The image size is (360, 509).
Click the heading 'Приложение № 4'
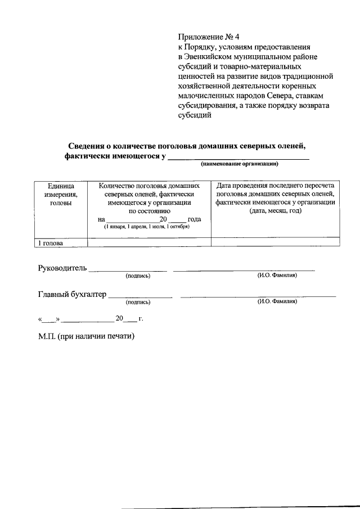(x=208, y=38)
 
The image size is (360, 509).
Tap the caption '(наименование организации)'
(x=240, y=164)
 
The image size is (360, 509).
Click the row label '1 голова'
(x=51, y=243)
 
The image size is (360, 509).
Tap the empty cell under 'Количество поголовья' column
(x=149, y=242)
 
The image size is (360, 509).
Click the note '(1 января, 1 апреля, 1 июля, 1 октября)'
(x=146, y=227)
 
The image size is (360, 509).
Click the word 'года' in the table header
(x=195, y=219)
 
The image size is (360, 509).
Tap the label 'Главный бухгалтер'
(x=71, y=294)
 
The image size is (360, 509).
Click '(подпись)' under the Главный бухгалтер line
(x=138, y=302)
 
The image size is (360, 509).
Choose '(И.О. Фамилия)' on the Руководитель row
(x=277, y=275)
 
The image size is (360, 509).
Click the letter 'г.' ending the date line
(x=141, y=319)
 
